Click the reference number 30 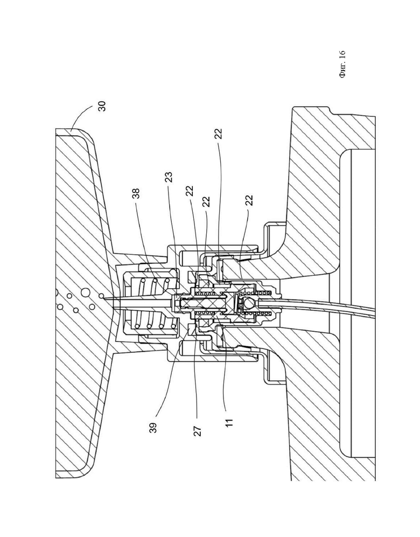[102, 106]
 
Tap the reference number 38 [137, 193]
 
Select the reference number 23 [169, 177]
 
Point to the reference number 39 [153, 428]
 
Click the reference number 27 [198, 430]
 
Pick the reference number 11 [229, 422]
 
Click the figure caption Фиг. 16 [342, 65]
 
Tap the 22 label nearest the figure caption [219, 133]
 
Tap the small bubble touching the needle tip [101, 296]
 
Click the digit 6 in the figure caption [342, 53]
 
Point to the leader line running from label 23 [174, 236]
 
